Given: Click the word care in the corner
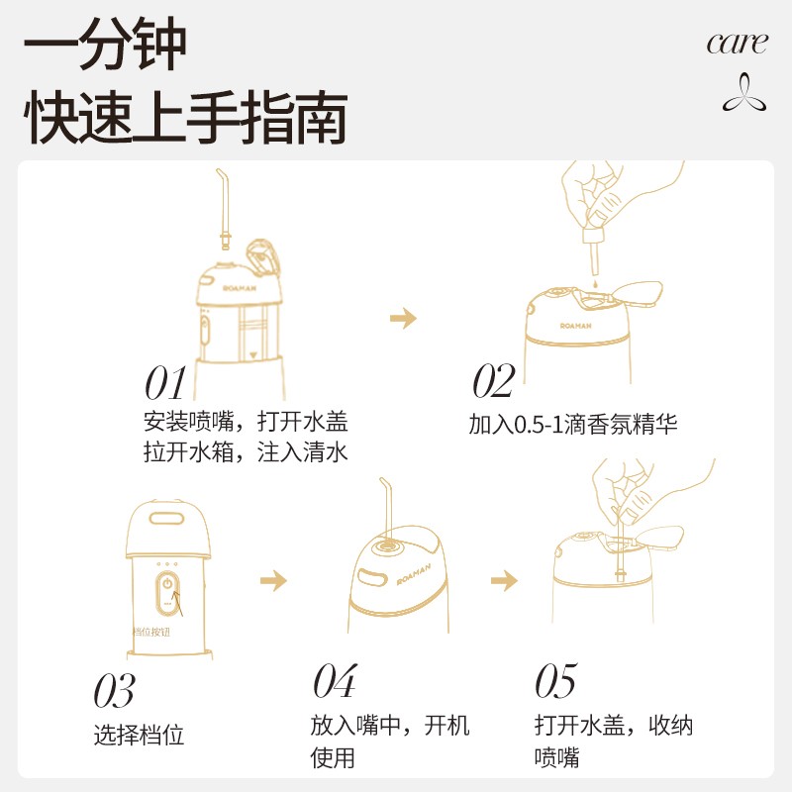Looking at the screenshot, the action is pyautogui.click(x=737, y=44).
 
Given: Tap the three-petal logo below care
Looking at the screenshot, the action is pyautogui.click(x=743, y=93).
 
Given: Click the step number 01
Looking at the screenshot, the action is pyautogui.click(x=165, y=383).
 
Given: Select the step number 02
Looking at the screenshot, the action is pyautogui.click(x=493, y=380).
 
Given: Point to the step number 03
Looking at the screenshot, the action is pyautogui.click(x=114, y=690).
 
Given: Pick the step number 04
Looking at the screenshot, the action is pyautogui.click(x=335, y=681).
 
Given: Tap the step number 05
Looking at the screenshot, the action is pyautogui.click(x=555, y=681).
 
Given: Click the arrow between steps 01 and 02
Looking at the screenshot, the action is pyautogui.click(x=403, y=318).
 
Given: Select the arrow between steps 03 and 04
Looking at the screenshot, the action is pyautogui.click(x=274, y=580).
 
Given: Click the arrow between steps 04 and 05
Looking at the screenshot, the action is pyautogui.click(x=504, y=580).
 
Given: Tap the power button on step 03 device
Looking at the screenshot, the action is pyautogui.click(x=167, y=584).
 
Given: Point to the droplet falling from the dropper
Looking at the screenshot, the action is pyautogui.click(x=595, y=284).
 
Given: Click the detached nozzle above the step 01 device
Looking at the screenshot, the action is pyautogui.click(x=225, y=209).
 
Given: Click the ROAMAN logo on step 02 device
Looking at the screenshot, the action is pyautogui.click(x=575, y=326).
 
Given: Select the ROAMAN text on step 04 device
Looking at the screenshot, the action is pyautogui.click(x=414, y=574).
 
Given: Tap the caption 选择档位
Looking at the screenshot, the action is pyautogui.click(x=139, y=735).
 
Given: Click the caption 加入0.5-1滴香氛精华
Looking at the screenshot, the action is pyautogui.click(x=573, y=424).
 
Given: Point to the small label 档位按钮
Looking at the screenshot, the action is pyautogui.click(x=151, y=632).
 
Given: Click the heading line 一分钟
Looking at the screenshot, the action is pyautogui.click(x=105, y=44).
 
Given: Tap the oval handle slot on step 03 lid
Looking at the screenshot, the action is pyautogui.click(x=166, y=519).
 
